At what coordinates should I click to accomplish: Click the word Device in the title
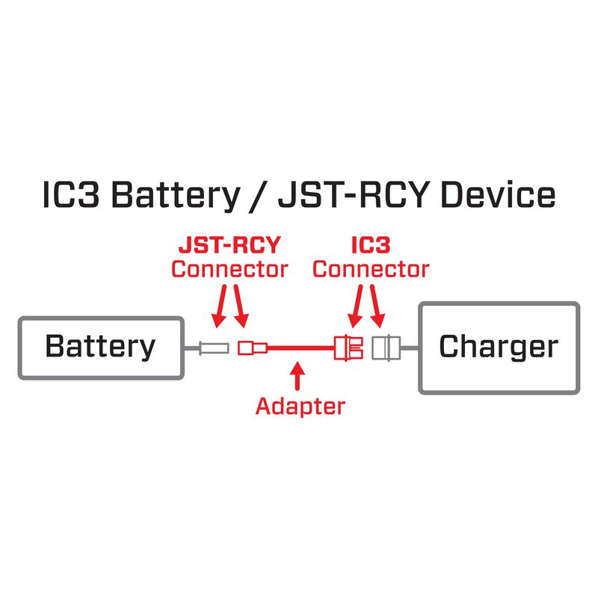(498, 197)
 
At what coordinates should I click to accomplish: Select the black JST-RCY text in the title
(355, 197)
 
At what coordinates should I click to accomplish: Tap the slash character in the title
(256, 197)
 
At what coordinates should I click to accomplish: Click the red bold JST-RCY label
(228, 245)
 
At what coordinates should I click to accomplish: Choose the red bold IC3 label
(371, 245)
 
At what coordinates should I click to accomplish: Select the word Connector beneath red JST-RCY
(229, 268)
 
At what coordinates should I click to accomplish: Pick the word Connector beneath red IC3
(371, 268)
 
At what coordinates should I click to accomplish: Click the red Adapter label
(300, 406)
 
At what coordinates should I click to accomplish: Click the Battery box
(100, 347)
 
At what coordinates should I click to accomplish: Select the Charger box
(498, 347)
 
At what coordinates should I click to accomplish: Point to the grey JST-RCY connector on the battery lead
(214, 348)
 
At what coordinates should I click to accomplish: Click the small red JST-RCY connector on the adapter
(249, 348)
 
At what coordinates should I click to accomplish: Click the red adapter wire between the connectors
(299, 348)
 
